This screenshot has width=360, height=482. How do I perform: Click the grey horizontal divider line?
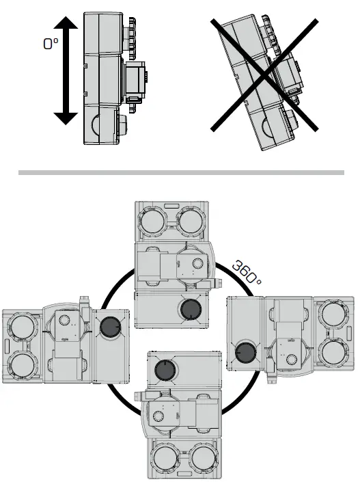click(x=180, y=172)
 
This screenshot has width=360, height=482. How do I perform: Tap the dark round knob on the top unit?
click(x=188, y=309)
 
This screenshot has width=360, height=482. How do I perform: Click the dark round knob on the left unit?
click(x=109, y=330)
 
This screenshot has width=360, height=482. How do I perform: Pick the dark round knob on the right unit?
click(x=245, y=353)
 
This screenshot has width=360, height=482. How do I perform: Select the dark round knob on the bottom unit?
click(x=165, y=371)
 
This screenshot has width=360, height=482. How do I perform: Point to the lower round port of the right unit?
click(x=334, y=353)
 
